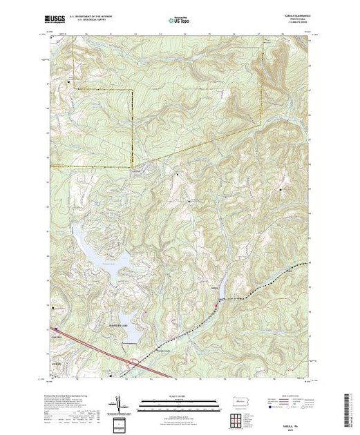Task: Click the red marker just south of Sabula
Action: (x=216, y=302)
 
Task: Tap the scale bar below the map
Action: (x=179, y=403)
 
